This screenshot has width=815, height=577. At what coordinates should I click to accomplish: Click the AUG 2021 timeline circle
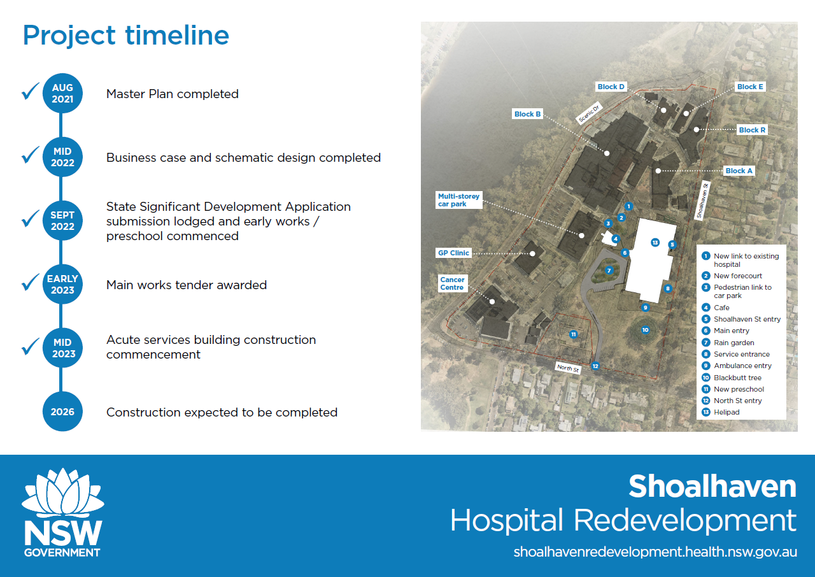pos(62,94)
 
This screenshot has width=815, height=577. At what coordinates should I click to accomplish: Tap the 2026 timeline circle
pos(62,411)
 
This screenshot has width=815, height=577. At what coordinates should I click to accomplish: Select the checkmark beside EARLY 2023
pos(31,282)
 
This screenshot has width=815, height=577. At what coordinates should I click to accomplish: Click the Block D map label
pos(611,87)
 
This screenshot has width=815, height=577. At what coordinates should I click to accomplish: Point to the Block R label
pos(752,130)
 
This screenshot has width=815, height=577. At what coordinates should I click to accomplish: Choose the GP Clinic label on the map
pos(453,253)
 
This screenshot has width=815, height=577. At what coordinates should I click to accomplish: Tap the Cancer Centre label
pos(452,283)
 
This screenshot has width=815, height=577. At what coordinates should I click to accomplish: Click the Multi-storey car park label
pos(459,200)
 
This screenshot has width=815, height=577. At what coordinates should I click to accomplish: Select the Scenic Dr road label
pos(589,113)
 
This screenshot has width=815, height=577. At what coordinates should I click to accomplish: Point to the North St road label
pos(567,368)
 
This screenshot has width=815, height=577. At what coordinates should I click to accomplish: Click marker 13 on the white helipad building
pos(655,242)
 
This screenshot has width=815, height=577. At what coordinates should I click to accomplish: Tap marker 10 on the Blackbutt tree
pos(645,330)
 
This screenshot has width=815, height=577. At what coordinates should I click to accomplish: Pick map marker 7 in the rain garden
pos(609,270)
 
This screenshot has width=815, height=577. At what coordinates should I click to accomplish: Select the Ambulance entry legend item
pos(737,366)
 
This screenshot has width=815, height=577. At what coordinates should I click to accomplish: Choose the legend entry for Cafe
pos(716,308)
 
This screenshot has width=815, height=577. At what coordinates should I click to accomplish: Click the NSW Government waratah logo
pos(62,513)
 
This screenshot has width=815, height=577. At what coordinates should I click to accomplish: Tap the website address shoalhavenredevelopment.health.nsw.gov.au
pos(655,552)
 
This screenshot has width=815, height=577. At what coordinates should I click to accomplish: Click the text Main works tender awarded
pos(187,285)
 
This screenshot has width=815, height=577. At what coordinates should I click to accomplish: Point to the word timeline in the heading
pos(177,35)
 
